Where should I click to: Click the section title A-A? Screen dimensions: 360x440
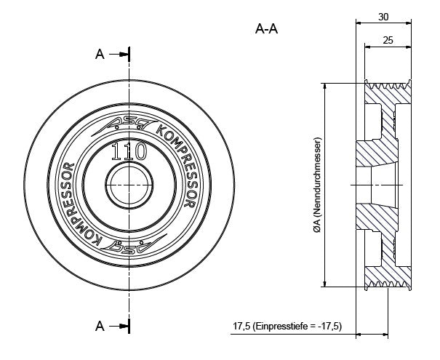coord(267,29)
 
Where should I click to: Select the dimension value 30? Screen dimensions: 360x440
coord(385,14)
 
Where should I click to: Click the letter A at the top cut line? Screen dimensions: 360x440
coord(100,54)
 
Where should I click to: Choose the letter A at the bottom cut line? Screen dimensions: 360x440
coord(100,327)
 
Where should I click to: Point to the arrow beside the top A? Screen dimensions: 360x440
coord(119,55)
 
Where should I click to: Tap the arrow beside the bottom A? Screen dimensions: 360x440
coord(119,327)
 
